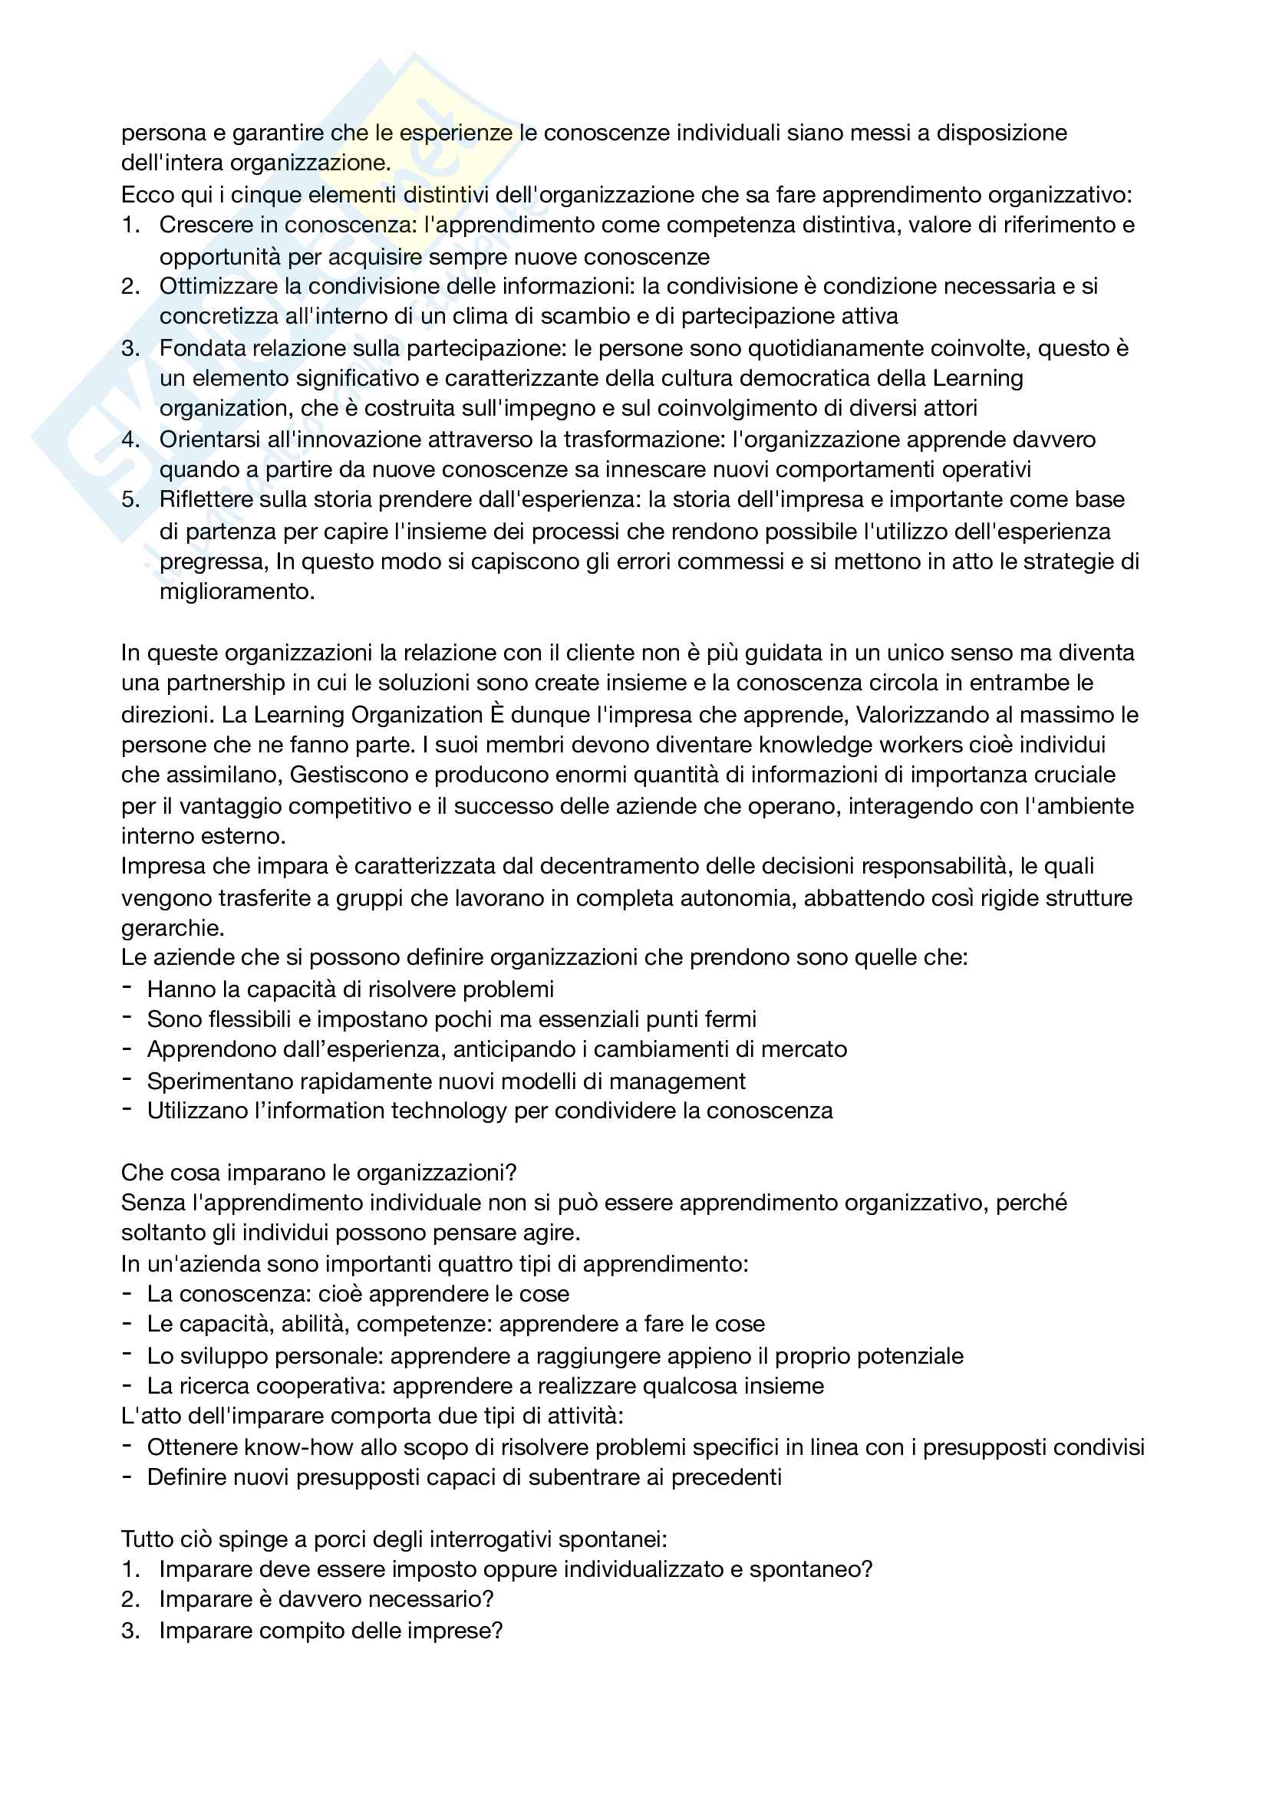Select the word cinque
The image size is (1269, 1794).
pyautogui.click(x=264, y=195)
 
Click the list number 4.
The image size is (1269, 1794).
pyautogui.click(x=129, y=440)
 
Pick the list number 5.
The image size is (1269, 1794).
pyautogui.click(x=129, y=500)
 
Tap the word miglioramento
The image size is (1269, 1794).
pyautogui.click(x=236, y=591)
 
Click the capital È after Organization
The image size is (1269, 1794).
pyautogui.click(x=497, y=715)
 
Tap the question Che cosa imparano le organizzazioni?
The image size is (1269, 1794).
pyautogui.click(x=319, y=1173)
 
